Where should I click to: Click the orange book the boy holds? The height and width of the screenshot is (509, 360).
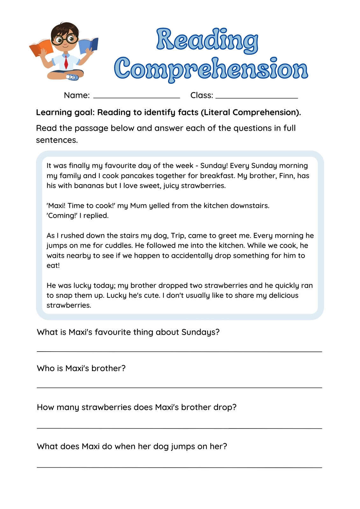[41, 48]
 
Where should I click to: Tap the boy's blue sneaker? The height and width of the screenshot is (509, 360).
[73, 77]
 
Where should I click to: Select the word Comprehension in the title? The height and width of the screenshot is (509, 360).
[211, 69]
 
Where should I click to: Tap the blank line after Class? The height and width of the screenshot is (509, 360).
[257, 97]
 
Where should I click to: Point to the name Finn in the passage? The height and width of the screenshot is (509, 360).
[286, 176]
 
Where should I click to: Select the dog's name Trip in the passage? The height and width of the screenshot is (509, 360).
[178, 235]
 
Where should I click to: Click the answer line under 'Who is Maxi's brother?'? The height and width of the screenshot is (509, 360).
[179, 387]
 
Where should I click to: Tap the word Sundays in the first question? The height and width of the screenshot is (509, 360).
[200, 332]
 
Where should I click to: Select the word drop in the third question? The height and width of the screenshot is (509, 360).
[225, 407]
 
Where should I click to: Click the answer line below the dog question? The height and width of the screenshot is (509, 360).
[179, 467]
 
